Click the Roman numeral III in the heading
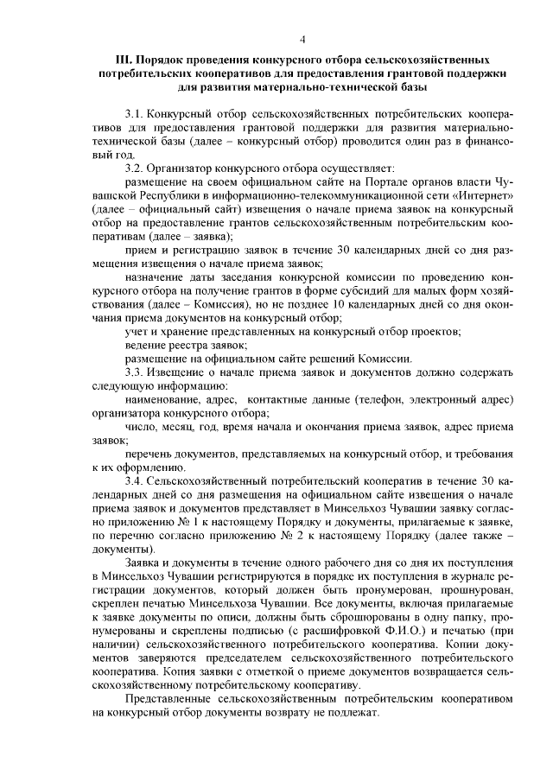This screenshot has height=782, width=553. (x=124, y=62)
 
